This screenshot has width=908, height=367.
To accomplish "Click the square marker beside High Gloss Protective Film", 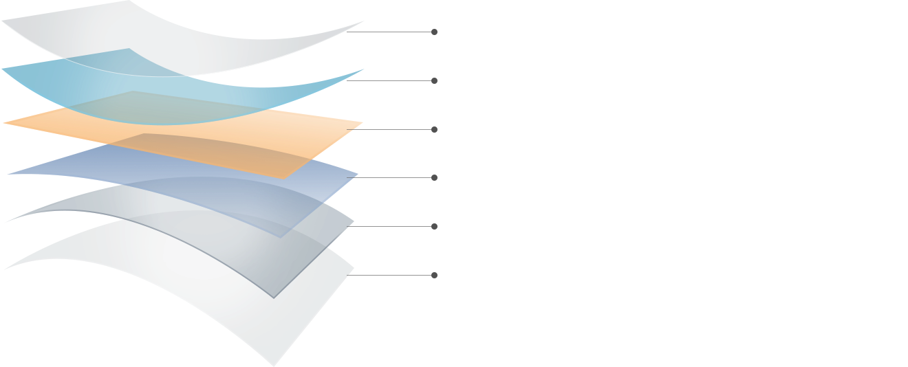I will pos(434,32).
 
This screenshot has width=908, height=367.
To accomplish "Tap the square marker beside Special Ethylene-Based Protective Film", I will pos(434,81).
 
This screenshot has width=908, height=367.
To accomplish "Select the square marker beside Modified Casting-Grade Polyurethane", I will pos(434,129).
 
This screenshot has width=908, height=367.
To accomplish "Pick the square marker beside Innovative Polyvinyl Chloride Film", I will pos(434,178).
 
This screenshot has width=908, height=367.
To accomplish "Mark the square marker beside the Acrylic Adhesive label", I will pos(434,226).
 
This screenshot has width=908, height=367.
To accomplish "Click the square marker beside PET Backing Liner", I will pos(434,275).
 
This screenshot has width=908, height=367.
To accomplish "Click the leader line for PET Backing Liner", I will pos(392,275).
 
